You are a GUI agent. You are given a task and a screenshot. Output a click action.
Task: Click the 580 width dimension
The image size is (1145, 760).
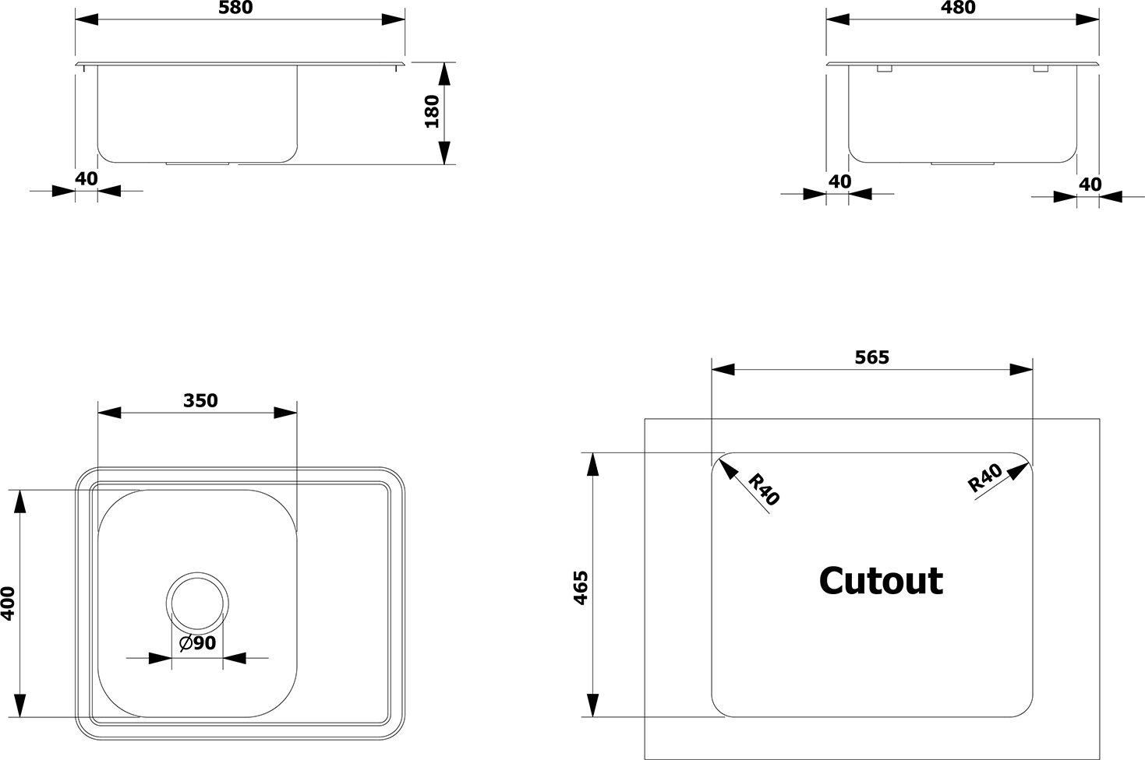tap(235, 7)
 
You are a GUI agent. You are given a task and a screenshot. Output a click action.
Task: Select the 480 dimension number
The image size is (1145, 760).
tap(958, 7)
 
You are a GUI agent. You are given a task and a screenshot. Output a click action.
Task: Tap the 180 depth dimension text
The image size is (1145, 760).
tap(433, 111)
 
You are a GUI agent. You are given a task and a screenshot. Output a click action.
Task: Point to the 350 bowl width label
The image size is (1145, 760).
tap(200, 400)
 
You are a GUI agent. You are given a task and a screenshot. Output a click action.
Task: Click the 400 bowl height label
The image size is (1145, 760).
tap(8, 603)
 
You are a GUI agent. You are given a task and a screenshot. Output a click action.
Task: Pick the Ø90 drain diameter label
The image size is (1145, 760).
tap(198, 642)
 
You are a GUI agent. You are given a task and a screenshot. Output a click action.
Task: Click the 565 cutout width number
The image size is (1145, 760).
tap(872, 357)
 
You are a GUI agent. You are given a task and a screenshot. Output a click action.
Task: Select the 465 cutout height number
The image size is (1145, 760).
tap(581, 588)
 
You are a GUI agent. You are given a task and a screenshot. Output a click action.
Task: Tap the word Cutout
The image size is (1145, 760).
tap(882, 581)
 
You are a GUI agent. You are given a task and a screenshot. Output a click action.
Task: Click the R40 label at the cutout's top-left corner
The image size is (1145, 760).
tap(764, 489)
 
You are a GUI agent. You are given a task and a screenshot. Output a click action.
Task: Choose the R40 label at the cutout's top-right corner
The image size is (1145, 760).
tap(985, 477)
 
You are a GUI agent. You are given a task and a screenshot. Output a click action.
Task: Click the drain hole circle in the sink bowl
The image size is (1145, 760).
tap(197, 603)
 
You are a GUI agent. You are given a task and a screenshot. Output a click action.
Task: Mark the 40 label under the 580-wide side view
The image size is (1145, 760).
tap(87, 179)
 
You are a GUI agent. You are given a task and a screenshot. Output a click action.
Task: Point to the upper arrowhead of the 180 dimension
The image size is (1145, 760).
tap(445, 73)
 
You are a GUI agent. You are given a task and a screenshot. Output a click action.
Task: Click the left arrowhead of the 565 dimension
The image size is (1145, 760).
tap(723, 370)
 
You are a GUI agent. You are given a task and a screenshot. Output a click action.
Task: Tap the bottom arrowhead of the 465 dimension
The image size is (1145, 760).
tap(592, 705)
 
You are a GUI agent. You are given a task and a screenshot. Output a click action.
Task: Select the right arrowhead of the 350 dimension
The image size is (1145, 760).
tap(285, 413)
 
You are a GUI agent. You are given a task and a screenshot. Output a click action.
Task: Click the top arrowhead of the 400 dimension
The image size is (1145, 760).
tap(20, 501)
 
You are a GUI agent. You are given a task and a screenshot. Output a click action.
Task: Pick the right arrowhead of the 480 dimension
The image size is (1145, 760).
tap(1087, 19)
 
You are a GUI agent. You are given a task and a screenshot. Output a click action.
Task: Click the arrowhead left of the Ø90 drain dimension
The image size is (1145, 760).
tap(160, 658)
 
